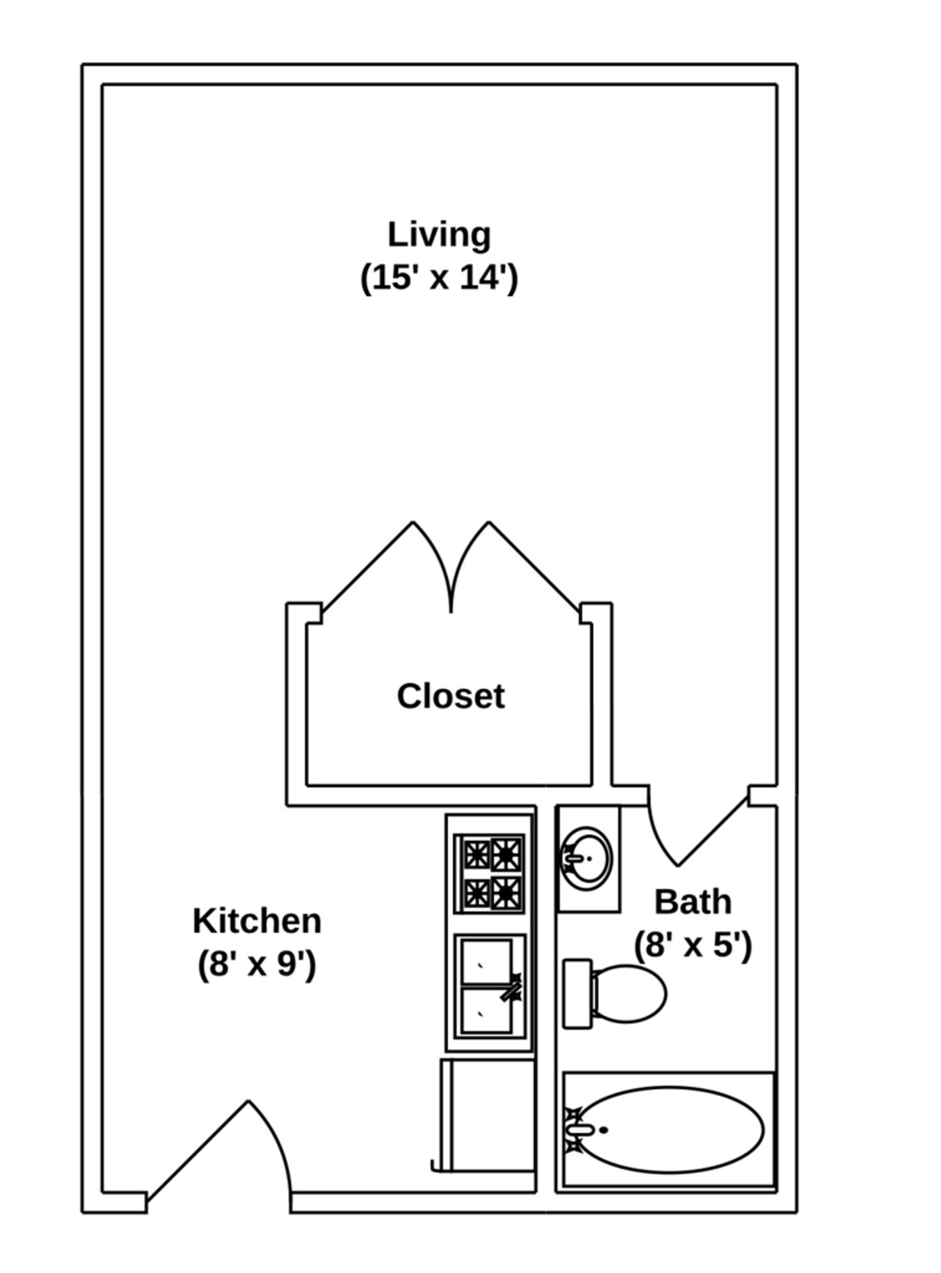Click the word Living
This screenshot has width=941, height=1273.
pyautogui.click(x=438, y=235)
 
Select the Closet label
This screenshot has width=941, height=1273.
pyautogui.click(x=450, y=696)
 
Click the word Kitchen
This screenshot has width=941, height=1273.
pyautogui.click(x=257, y=921)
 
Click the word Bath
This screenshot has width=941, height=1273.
pyautogui.click(x=693, y=902)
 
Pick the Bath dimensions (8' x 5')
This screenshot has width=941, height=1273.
pyautogui.click(x=693, y=944)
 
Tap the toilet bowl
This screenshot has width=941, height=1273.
pyautogui.click(x=629, y=993)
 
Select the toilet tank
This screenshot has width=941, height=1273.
pyautogui.click(x=577, y=993)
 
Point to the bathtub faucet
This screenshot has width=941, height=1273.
pyautogui.click(x=579, y=1130)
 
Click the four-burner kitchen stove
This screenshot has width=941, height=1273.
pyautogui.click(x=489, y=873)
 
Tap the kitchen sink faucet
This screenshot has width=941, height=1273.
pyautogui.click(x=512, y=987)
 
